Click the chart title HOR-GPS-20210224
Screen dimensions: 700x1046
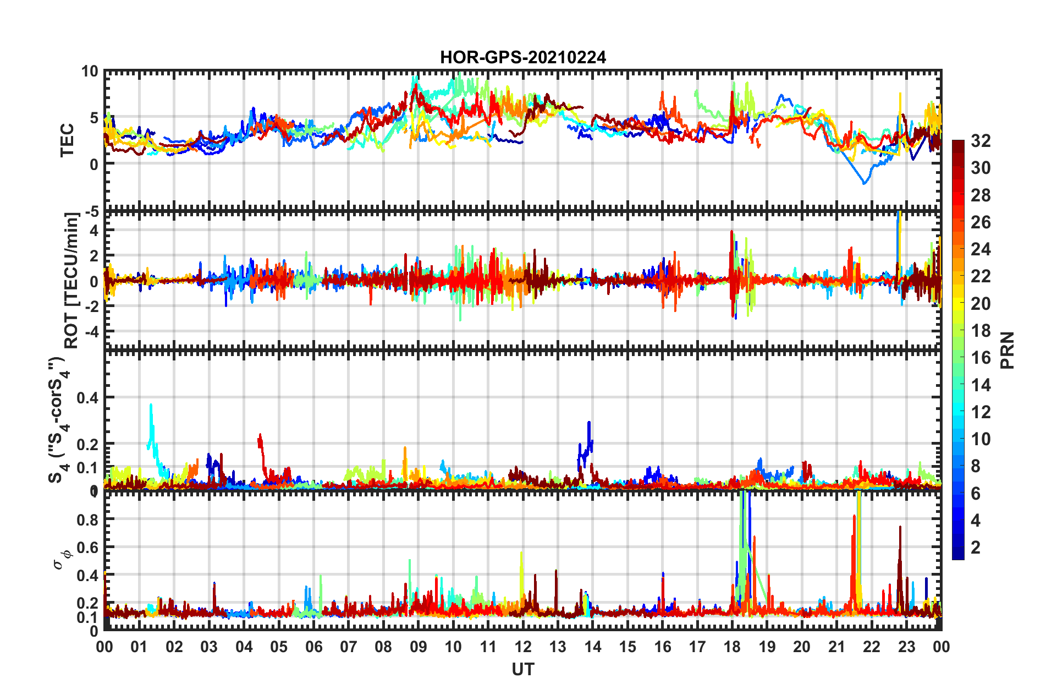click(x=522, y=57)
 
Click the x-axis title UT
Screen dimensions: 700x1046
click(x=522, y=669)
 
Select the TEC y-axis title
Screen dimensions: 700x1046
click(x=67, y=140)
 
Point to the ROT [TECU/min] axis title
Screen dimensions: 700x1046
click(x=71, y=280)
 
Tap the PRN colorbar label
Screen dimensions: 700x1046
click(x=1008, y=350)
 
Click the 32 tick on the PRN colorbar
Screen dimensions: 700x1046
click(x=980, y=141)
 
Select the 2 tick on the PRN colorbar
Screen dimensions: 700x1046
click(x=976, y=547)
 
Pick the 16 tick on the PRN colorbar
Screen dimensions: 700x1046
click(x=980, y=358)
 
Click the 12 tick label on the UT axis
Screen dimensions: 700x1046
click(x=522, y=647)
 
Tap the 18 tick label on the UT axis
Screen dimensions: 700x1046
click(x=732, y=647)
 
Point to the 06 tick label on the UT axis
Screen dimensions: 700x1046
click(x=313, y=647)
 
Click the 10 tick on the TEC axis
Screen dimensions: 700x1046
click(x=90, y=72)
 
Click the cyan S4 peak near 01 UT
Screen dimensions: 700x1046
click(x=151, y=406)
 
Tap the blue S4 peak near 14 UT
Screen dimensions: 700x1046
click(x=589, y=423)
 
